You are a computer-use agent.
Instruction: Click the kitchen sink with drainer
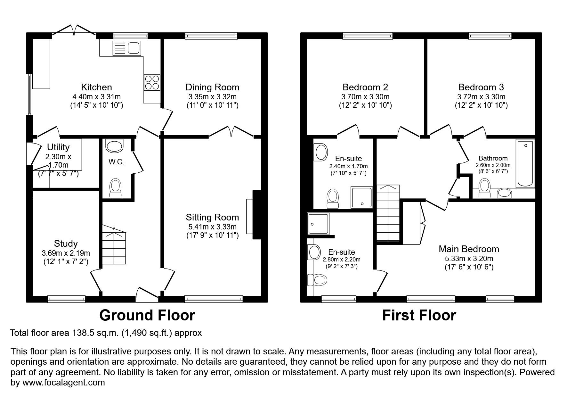(126, 48)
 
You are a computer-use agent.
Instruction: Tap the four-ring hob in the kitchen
(152, 82)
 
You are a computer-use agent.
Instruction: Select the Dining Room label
(212, 87)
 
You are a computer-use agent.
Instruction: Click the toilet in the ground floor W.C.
(115, 188)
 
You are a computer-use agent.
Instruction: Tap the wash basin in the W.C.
(114, 146)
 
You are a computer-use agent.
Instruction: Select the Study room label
(66, 244)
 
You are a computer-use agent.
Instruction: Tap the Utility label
(58, 147)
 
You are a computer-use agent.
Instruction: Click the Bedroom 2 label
(365, 87)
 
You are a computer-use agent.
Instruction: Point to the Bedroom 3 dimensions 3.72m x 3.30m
(481, 97)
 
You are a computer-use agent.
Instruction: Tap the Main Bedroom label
(469, 249)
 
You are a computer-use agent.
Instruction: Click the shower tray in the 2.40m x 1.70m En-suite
(362, 196)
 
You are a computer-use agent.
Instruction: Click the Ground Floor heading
(147, 315)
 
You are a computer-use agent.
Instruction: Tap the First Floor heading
(419, 315)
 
